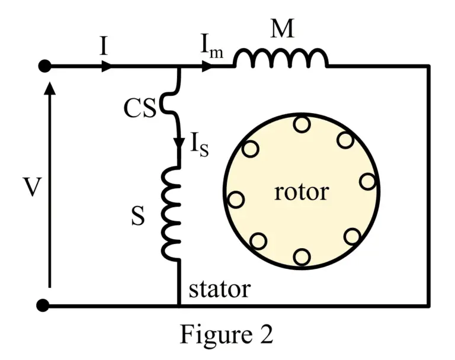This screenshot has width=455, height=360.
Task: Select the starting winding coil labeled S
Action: point(172,213)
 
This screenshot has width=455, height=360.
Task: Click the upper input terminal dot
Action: point(44,66)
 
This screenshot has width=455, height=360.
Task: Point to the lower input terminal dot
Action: point(43,306)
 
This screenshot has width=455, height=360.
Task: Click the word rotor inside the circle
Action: point(301,192)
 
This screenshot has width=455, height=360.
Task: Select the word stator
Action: point(219,290)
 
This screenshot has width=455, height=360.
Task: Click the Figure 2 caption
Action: point(227,335)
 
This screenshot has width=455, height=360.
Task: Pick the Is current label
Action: point(198,145)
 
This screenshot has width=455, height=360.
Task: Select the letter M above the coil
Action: point(282,28)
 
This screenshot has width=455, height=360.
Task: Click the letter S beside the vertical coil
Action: point(137,217)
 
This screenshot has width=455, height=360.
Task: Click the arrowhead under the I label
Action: point(106,66)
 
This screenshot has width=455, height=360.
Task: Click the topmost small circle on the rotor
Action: point(302,124)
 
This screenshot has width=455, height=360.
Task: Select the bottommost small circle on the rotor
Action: point(302,257)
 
